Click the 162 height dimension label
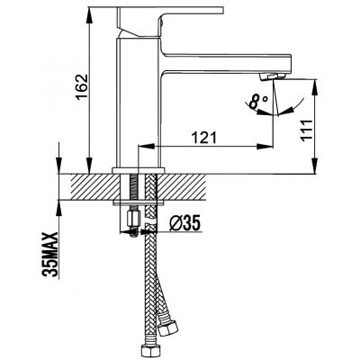coord(82,87)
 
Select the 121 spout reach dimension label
coord(204,138)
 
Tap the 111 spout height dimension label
coord(306,130)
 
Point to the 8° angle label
coord(257,102)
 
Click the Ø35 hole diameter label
coord(184,223)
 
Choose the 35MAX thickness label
coord(50,255)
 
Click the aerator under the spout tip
coord(272,76)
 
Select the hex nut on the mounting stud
coord(132,220)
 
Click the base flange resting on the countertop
coord(139,171)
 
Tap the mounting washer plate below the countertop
coord(139,203)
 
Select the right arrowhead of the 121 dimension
coord(265,147)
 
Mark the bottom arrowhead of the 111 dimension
coord(315,166)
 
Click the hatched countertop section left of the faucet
coord(94,187)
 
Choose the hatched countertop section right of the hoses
coord(182,187)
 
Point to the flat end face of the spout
coord(290,64)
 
